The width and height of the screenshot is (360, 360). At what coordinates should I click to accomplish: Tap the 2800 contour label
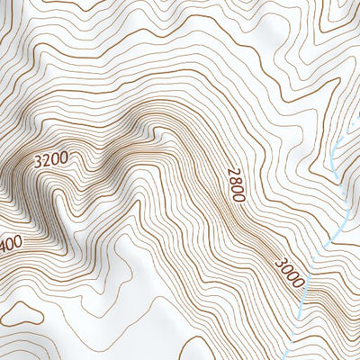pos(236,182)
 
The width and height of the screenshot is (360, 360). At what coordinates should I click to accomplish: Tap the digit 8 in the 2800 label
pos(234,178)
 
